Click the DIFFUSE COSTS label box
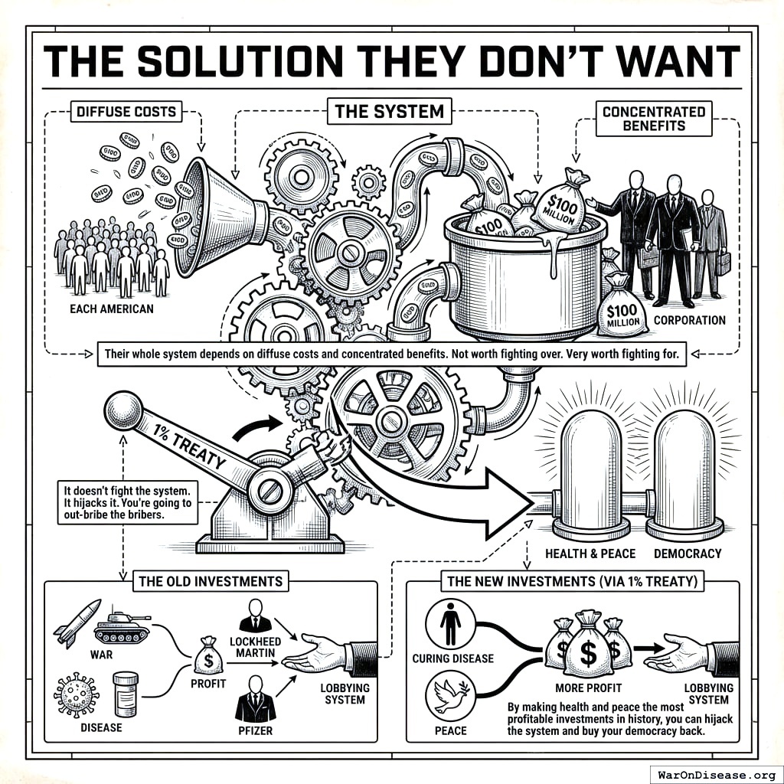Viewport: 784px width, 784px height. click(x=126, y=112)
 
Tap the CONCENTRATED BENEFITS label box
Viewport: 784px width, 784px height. click(x=653, y=118)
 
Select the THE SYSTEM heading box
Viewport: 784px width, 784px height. click(x=389, y=112)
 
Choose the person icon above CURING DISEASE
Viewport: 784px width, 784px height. click(x=450, y=624)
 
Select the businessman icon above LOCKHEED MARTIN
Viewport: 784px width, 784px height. click(x=255, y=616)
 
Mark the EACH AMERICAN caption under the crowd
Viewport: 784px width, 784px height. click(x=110, y=309)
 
